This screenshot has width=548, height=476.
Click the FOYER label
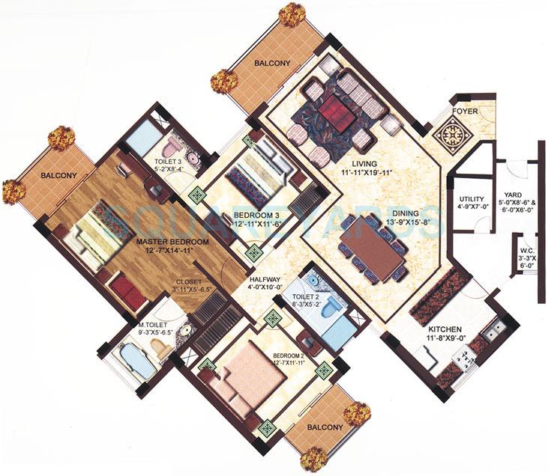(464, 116)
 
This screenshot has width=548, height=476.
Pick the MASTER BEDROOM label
(170, 242)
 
